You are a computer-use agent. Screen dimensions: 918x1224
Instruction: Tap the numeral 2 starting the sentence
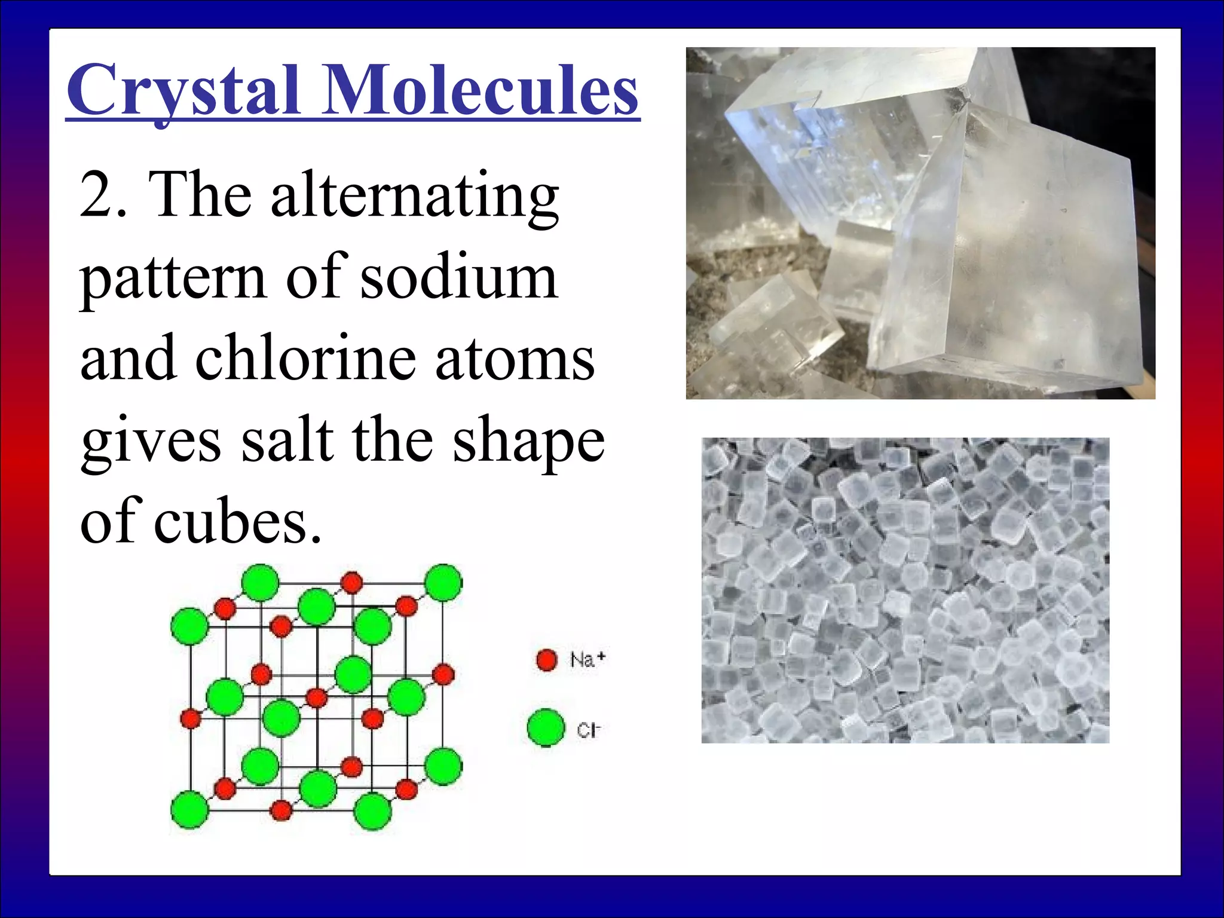[x=96, y=194]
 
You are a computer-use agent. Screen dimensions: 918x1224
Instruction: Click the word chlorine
[x=305, y=359]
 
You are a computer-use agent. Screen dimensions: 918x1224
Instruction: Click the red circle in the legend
[x=546, y=660]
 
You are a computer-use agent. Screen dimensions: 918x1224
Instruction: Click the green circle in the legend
[x=546, y=727]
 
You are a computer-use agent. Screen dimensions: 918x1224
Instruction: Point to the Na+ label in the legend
[x=587, y=660]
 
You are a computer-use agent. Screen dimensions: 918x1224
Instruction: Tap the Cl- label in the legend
[x=587, y=730]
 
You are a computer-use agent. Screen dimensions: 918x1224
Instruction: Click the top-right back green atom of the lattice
[x=443, y=582]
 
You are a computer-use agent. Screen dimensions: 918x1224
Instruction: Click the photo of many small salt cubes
[x=905, y=590]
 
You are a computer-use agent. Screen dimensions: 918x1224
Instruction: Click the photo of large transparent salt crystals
[x=920, y=223]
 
